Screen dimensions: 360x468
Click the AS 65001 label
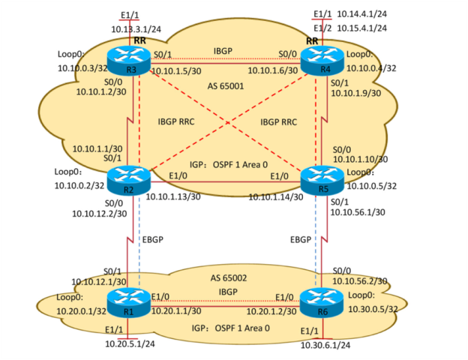point(226,87)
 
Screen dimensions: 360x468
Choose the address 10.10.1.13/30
point(178,197)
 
